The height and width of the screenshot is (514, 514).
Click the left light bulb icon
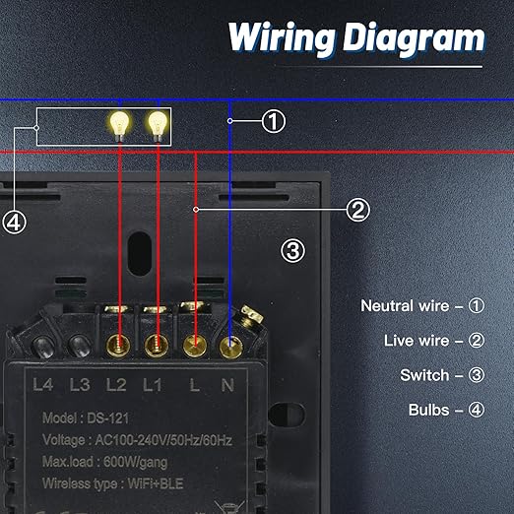coord(120,127)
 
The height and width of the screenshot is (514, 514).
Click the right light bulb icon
coord(158,127)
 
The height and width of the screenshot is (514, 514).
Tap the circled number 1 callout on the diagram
coord(274,121)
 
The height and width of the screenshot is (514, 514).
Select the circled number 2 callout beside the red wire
coord(357,210)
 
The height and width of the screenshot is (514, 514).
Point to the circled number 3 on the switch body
coord(292,251)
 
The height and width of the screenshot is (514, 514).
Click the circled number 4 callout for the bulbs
coord(14,223)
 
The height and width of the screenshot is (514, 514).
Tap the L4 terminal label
coord(43,384)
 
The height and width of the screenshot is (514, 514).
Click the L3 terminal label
coord(80,384)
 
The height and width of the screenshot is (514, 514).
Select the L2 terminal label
coord(116,384)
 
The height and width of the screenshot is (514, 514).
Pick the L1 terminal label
coord(153,384)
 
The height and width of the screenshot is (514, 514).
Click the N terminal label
coord(227,385)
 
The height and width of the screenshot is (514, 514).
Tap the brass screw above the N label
coord(230,347)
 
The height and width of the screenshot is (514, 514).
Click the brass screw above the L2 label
coord(118,346)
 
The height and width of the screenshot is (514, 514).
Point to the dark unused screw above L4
coord(42,347)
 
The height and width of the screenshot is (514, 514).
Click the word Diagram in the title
coord(414,39)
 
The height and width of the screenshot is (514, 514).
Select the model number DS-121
coord(107,418)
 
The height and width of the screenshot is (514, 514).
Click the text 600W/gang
coord(135,462)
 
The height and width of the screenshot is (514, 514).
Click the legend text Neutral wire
coord(405,305)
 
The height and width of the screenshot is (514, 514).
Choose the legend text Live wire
coord(417,341)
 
